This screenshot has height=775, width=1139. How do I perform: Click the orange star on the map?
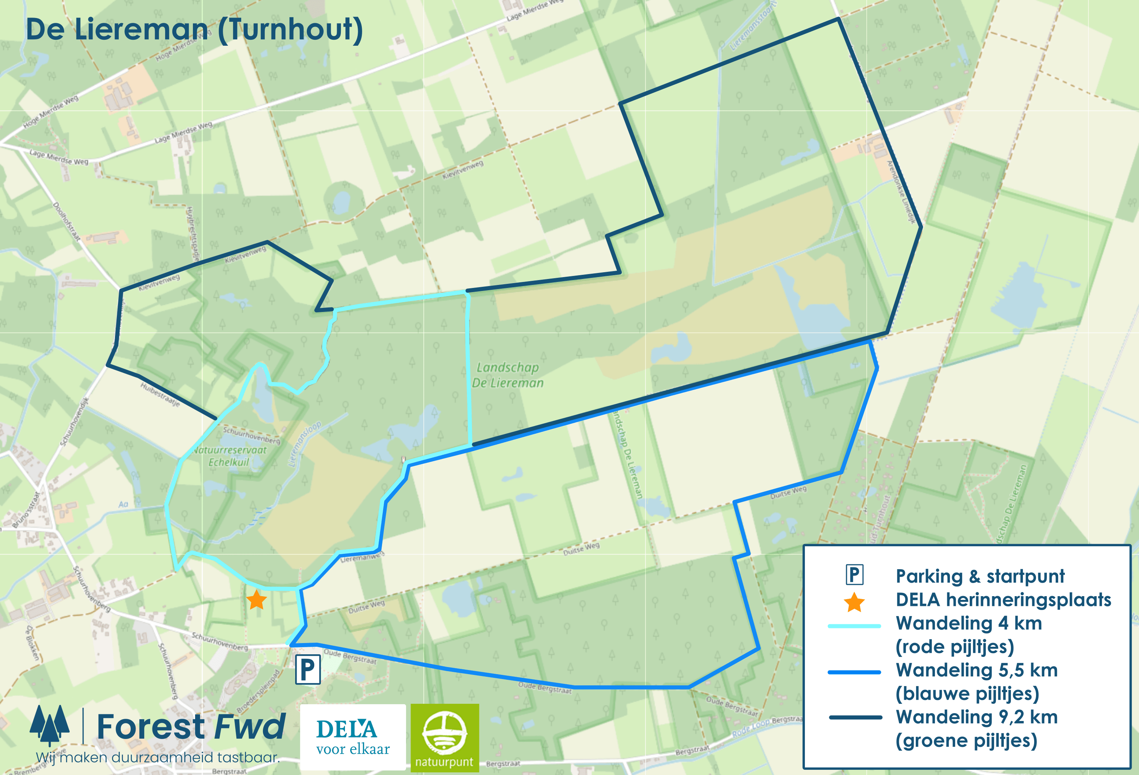[x=256, y=600]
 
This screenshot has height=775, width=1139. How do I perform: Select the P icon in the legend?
[x=854, y=575]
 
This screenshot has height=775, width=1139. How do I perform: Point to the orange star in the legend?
[x=854, y=602]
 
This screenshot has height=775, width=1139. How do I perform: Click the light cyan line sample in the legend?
[x=854, y=626]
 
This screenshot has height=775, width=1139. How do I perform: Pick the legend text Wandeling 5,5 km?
[x=976, y=670]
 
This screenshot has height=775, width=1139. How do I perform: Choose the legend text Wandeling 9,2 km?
[x=976, y=717]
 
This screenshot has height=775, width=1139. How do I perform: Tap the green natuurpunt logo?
[x=445, y=737]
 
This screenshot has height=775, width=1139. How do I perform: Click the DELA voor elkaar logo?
[x=353, y=737]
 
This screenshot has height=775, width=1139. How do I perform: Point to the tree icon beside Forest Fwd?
[x=49, y=725]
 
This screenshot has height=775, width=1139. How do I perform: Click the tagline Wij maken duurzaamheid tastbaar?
[x=158, y=758]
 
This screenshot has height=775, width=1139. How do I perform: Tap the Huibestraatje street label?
[x=160, y=394]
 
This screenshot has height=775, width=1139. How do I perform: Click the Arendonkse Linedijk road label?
[x=901, y=192]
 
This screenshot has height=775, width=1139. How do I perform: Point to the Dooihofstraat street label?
[x=66, y=222]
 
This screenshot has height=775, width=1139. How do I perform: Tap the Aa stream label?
[x=123, y=504]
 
